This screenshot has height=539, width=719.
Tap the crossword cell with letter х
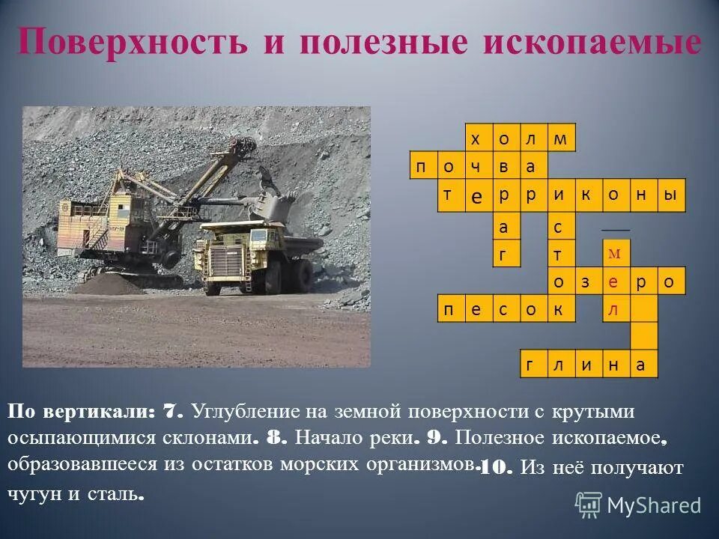pos(478,138)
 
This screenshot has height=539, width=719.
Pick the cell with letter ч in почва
pos(478,165)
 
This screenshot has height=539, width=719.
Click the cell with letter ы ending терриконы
pos(671,193)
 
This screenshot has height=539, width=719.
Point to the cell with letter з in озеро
pos(588,281)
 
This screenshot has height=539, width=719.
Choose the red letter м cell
pos(615,254)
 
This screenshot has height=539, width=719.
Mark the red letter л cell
pos(615,308)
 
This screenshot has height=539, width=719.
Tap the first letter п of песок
pos(450,308)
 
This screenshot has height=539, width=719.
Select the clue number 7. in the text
pos(172,412)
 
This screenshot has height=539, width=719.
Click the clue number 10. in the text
pos(494,469)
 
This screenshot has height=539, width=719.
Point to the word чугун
pos(33,494)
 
